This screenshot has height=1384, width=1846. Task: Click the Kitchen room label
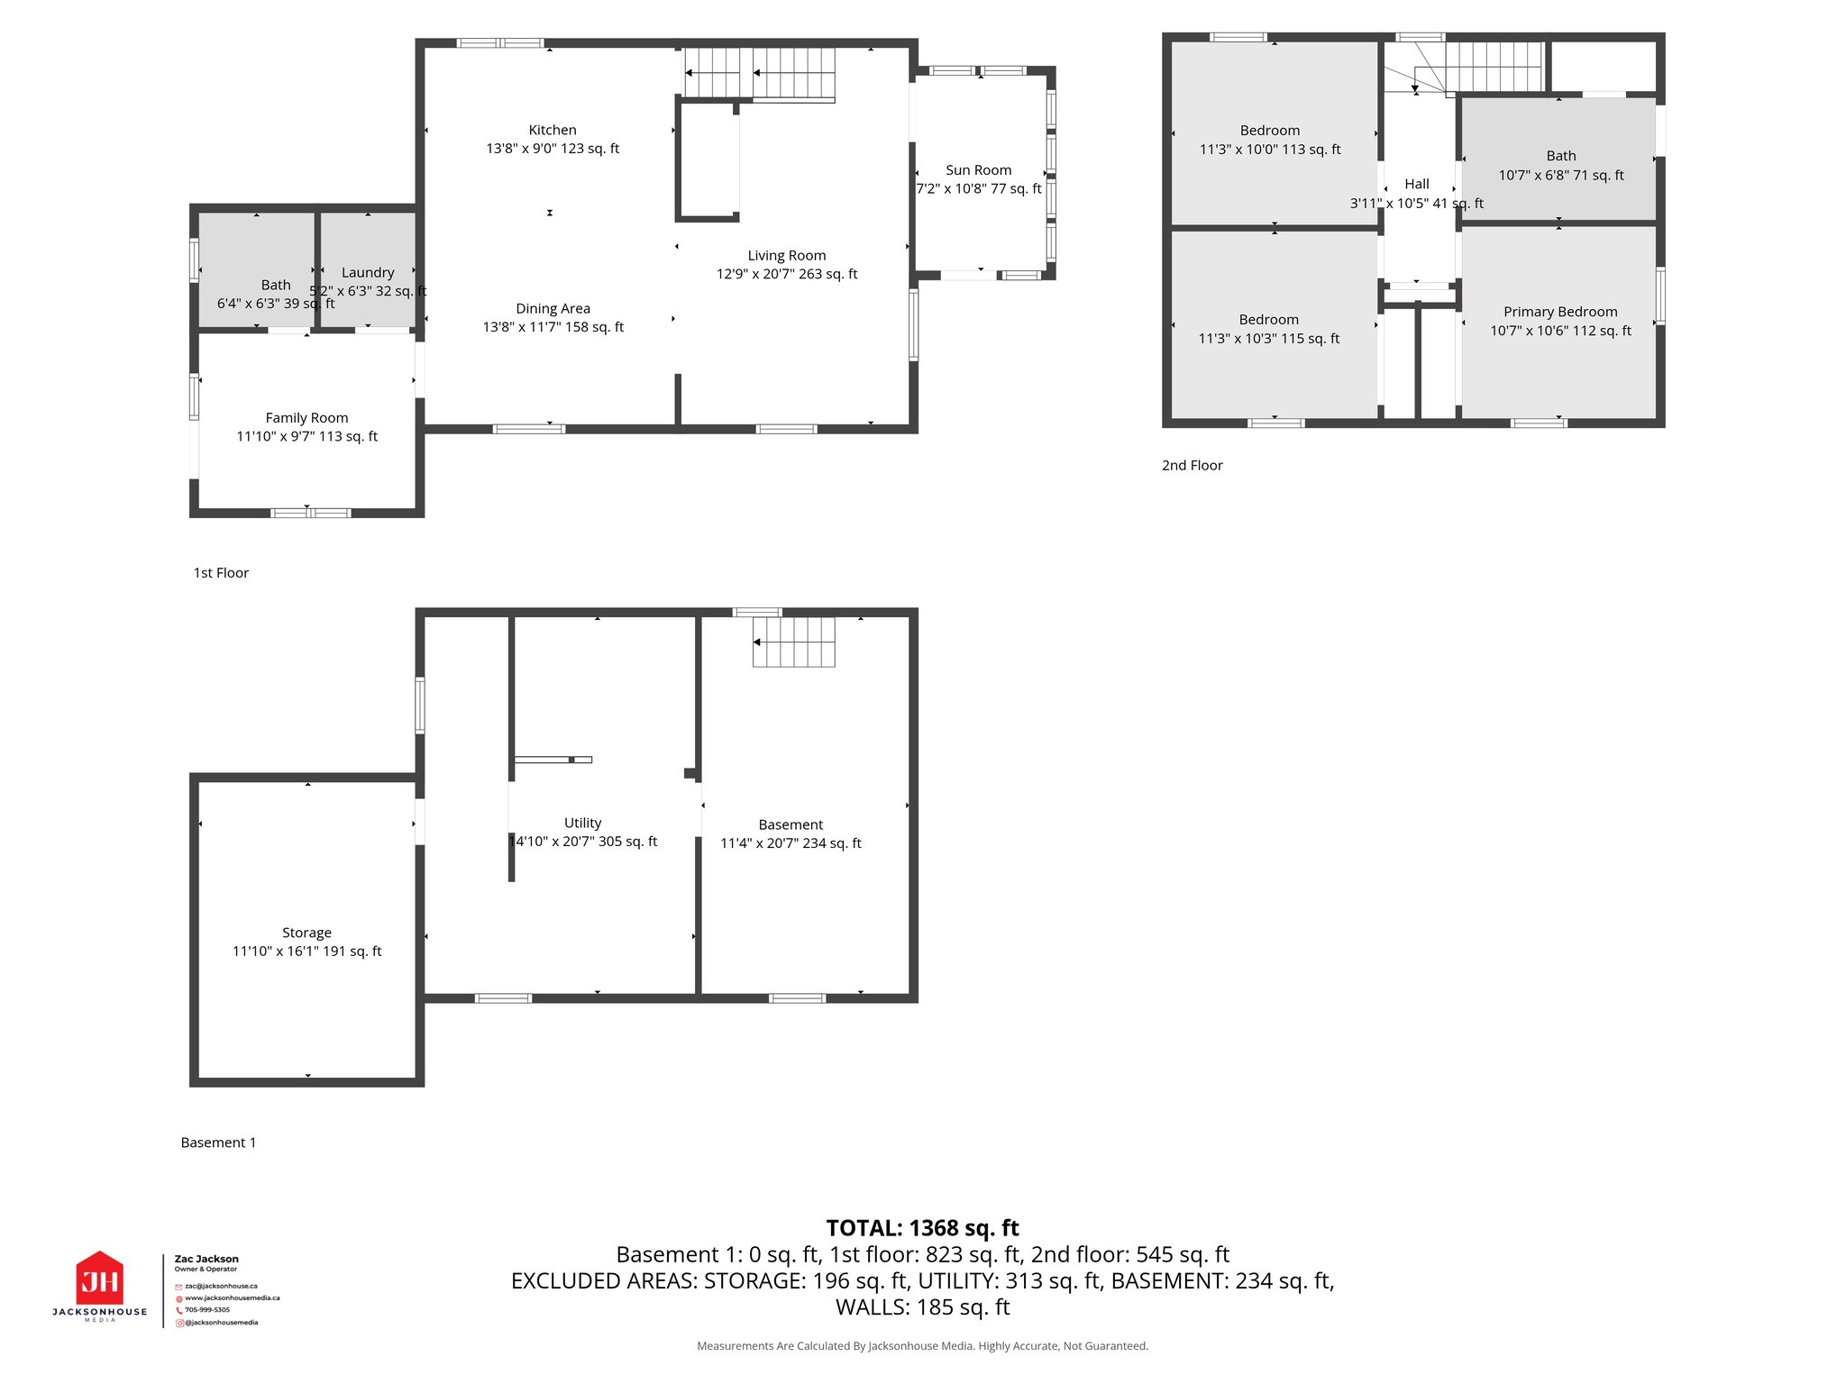(x=552, y=131)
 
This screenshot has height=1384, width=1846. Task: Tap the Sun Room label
(x=978, y=170)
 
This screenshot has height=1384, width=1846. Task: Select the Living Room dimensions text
(x=786, y=274)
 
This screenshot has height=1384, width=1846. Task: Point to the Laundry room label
(x=368, y=273)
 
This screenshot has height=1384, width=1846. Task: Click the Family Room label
(x=306, y=418)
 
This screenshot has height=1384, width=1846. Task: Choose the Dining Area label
(x=553, y=309)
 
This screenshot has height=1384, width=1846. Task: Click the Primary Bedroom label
(x=1559, y=312)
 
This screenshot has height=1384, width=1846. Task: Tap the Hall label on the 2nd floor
(x=1416, y=184)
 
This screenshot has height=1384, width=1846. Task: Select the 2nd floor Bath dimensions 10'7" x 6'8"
(x=1560, y=175)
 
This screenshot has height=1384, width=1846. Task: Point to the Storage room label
(x=306, y=933)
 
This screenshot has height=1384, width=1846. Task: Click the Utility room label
(x=582, y=823)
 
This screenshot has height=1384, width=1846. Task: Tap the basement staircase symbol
(x=793, y=642)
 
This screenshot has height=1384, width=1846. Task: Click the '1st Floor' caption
(x=221, y=573)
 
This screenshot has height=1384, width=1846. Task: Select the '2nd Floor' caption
(x=1192, y=466)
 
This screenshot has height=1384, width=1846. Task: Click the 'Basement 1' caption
(x=218, y=1143)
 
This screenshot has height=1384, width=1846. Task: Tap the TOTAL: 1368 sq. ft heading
(x=922, y=1228)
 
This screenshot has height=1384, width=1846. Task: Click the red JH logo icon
(x=99, y=1279)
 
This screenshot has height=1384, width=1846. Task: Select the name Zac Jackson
(x=206, y=1259)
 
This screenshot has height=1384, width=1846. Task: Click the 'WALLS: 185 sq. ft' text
(x=922, y=1307)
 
